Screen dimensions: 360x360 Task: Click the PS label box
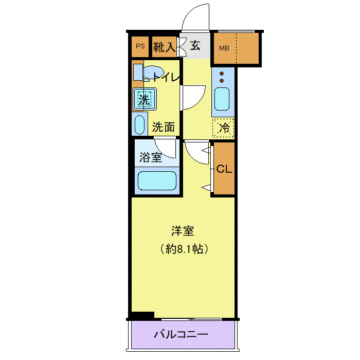140,47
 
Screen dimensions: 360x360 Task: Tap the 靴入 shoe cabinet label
164,47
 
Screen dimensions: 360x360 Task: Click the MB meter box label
224,49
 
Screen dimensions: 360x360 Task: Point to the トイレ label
166,78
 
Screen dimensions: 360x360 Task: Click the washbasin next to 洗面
139,124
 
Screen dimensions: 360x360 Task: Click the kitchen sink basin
222,100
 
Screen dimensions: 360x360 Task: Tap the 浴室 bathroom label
151,158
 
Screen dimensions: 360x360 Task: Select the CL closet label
224,169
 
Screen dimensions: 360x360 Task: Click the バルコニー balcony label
182,335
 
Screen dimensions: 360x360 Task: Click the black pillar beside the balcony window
143,315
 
